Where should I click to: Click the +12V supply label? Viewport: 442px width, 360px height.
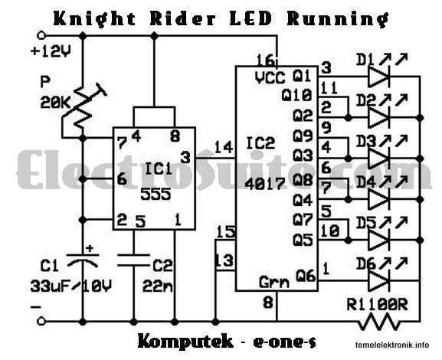tap(51, 51)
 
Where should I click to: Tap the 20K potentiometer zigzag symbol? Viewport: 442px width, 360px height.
tap(83, 109)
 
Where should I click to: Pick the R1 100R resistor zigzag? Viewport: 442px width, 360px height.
tap(379, 322)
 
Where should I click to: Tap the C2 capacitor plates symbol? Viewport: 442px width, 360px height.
tap(133, 260)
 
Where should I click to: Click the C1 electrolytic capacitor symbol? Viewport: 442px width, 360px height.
tap(83, 260)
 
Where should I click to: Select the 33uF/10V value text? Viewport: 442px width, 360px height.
tap(70, 286)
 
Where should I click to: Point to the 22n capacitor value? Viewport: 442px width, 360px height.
tap(158, 286)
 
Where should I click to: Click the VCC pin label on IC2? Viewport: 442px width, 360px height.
tap(270, 77)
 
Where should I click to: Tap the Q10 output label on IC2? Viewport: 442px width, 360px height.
tap(296, 95)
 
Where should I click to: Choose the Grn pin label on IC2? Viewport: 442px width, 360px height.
tap(274, 282)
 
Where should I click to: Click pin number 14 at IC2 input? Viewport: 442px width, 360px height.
tap(224, 147)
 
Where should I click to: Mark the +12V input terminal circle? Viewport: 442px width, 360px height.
tap(41, 36)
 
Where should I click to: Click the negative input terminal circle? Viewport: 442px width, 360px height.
tap(41, 321)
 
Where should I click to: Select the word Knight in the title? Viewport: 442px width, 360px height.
tap(95, 19)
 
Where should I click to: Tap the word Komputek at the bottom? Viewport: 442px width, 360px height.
tap(186, 342)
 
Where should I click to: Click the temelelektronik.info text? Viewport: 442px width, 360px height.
tap(392, 345)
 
